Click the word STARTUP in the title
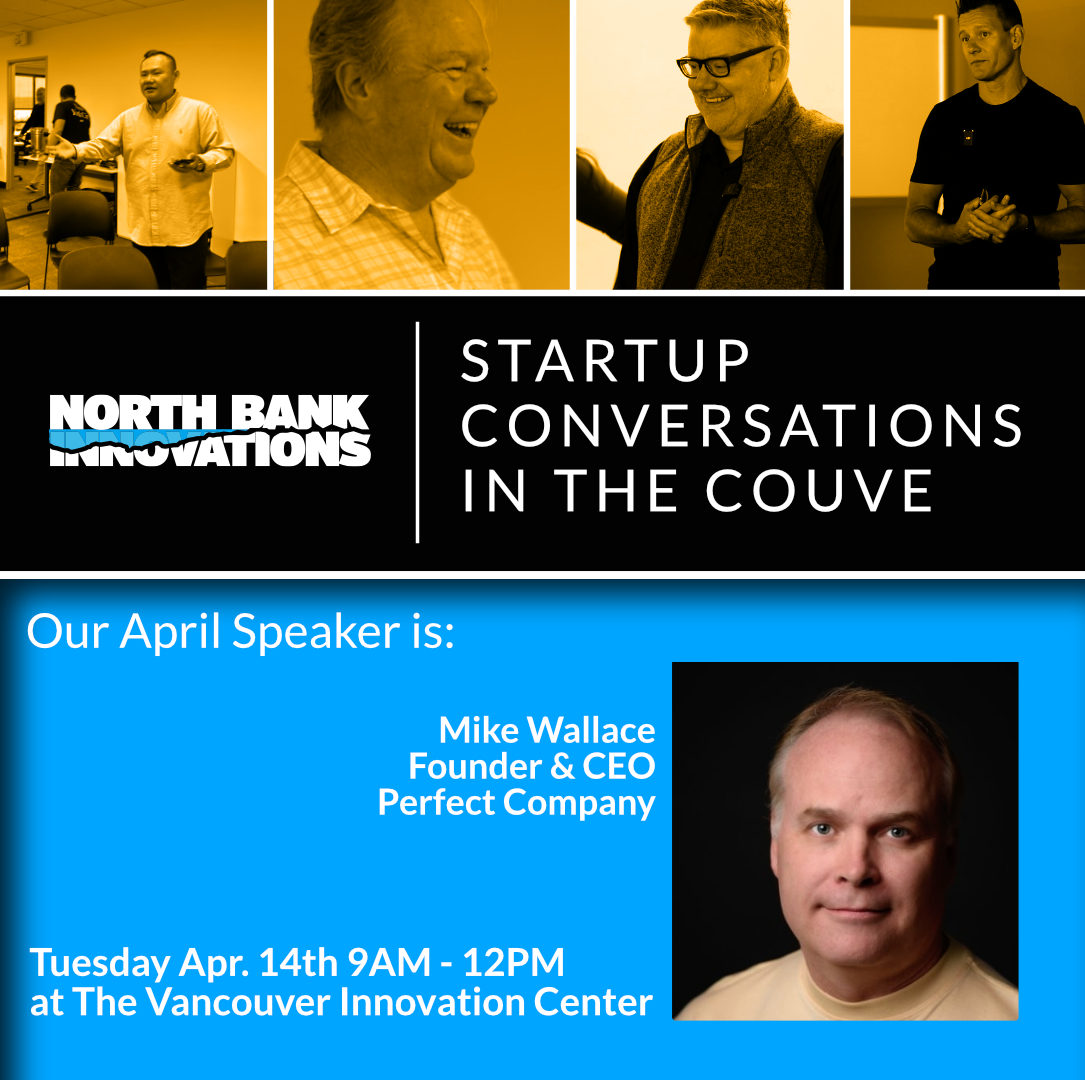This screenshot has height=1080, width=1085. pos(605,360)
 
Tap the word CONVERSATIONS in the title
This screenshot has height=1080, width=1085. pos(742,425)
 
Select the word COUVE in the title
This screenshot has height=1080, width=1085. pos(819,491)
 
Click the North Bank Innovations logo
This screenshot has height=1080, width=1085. pos(210,430)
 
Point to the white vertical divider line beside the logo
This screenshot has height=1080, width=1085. pos(417,432)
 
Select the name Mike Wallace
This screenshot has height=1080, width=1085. pos(547,730)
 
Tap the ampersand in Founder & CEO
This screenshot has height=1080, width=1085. pos(563,767)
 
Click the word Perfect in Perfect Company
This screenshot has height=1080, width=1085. pos(436,803)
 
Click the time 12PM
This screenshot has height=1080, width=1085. pos(513,962)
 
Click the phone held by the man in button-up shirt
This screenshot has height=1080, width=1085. pos(183,163)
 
